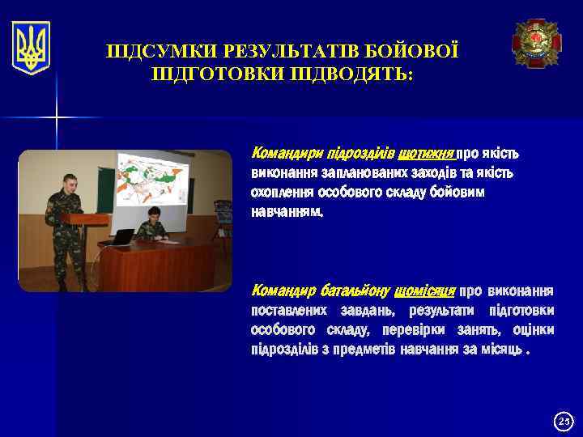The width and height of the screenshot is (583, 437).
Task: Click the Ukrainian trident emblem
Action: click(x=31, y=48)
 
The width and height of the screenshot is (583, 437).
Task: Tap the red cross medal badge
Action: click(x=536, y=44)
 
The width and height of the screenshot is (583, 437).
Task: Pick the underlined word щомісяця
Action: click(x=425, y=291)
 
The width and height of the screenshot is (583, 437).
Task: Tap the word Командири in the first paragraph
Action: click(x=283, y=153)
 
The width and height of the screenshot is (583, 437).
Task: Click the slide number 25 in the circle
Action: click(x=563, y=421)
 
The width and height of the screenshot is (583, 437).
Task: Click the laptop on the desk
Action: click(x=122, y=236)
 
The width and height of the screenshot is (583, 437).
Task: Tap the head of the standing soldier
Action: click(x=70, y=182)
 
